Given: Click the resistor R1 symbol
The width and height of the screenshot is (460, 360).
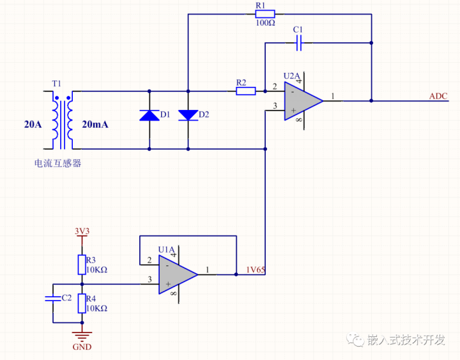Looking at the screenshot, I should click(264, 13).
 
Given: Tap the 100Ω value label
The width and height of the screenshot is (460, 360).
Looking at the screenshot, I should click(264, 23).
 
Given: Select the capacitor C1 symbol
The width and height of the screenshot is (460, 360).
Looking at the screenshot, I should click(298, 43).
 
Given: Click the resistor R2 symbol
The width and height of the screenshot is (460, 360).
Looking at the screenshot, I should click(245, 91).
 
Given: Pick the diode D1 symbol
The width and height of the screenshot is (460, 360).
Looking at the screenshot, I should click(149, 115).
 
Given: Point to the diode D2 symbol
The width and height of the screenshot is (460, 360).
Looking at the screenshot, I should click(188, 115).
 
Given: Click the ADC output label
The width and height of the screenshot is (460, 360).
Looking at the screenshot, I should click(438, 97).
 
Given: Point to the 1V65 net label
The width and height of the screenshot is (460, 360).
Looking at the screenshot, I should click(256, 270).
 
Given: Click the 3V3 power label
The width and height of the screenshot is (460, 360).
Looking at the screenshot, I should click(82, 230).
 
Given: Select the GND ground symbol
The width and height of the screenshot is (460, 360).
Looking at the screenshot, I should click(81, 336).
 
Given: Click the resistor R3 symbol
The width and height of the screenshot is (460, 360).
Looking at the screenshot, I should click(82, 263).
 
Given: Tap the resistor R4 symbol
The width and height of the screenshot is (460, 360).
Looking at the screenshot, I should click(82, 303).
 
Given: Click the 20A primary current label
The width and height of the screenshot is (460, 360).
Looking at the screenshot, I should click(33, 125).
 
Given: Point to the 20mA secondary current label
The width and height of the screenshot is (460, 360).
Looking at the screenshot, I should click(95, 125).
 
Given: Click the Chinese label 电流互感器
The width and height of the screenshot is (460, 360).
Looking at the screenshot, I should click(58, 163).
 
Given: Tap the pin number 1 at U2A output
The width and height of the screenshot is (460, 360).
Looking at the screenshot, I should click(333, 97).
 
